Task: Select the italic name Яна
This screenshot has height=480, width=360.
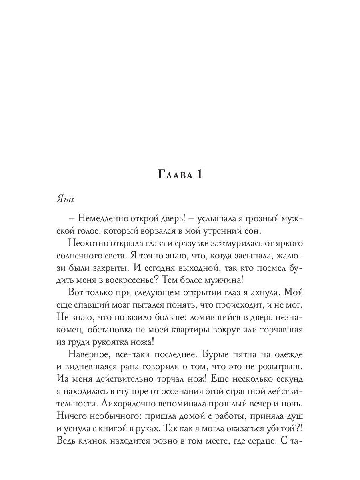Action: point(65,199)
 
